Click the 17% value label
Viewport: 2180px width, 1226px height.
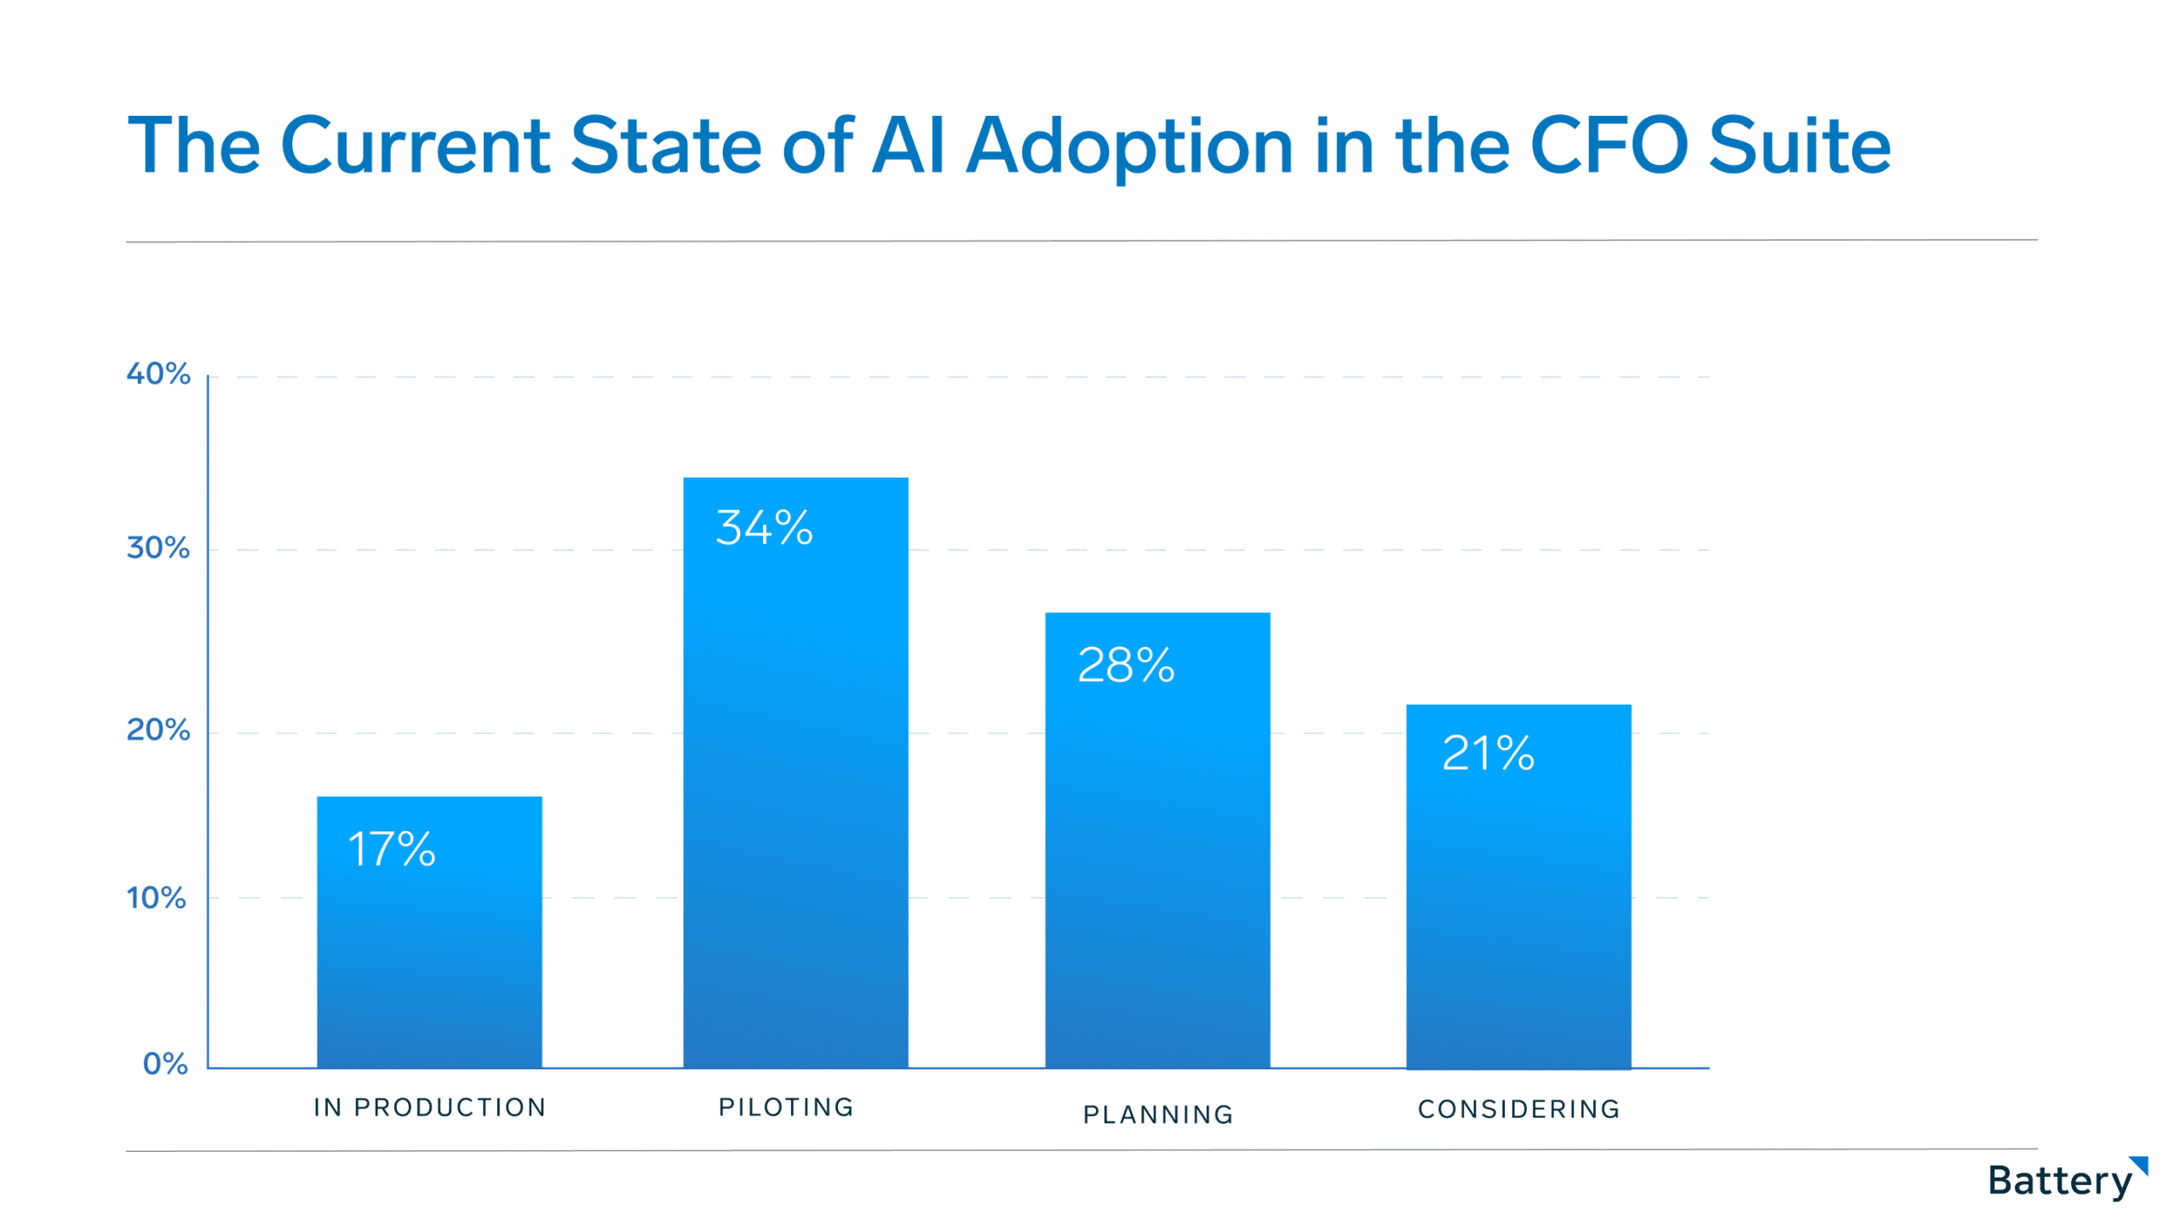pyautogui.click(x=392, y=849)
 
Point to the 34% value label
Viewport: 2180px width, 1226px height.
pyautogui.click(x=764, y=527)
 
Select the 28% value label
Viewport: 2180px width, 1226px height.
pyautogui.click(x=1126, y=665)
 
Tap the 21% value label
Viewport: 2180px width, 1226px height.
pyautogui.click(x=1488, y=753)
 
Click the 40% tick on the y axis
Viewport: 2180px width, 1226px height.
pyautogui.click(x=158, y=374)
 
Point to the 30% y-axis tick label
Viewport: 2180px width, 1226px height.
pyautogui.click(x=158, y=547)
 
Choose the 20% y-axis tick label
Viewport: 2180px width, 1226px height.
pyautogui.click(x=158, y=730)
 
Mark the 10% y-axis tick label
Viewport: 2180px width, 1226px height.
pyautogui.click(x=157, y=897)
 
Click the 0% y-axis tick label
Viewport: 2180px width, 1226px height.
pyautogui.click(x=165, y=1063)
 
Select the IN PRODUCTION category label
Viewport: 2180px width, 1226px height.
pyautogui.click(x=430, y=1108)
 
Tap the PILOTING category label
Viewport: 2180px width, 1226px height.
pyautogui.click(x=786, y=1107)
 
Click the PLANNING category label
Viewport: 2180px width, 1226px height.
pyautogui.click(x=1158, y=1114)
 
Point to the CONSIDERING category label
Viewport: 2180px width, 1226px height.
pyautogui.click(x=1518, y=1109)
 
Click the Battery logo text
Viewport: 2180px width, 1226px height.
pyautogui.click(x=2059, y=1181)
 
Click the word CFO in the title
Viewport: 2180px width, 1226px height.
pyautogui.click(x=1609, y=146)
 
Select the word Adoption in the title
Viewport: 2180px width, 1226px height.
pyautogui.click(x=1129, y=146)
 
